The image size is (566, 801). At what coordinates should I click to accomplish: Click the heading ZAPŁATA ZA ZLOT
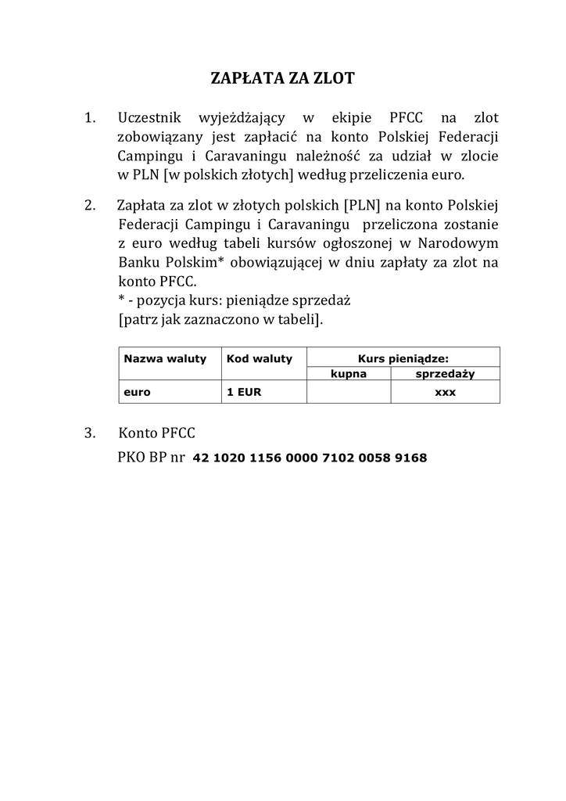pyautogui.click(x=283, y=78)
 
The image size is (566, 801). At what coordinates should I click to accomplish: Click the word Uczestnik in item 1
pyautogui.click(x=149, y=118)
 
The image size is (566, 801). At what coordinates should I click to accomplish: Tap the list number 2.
pyautogui.click(x=89, y=206)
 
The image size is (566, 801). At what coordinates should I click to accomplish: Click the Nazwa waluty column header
pyautogui.click(x=165, y=359)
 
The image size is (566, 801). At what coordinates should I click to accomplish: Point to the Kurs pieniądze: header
pyautogui.click(x=403, y=358)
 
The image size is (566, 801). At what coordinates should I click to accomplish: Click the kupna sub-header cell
pyautogui.click(x=349, y=374)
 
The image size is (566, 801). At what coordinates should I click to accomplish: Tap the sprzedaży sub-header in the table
pyautogui.click(x=445, y=374)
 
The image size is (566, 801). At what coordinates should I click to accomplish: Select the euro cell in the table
pyautogui.click(x=138, y=392)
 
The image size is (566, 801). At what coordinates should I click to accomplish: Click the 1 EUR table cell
pyautogui.click(x=244, y=392)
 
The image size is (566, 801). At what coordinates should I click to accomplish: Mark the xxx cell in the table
pyautogui.click(x=445, y=392)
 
